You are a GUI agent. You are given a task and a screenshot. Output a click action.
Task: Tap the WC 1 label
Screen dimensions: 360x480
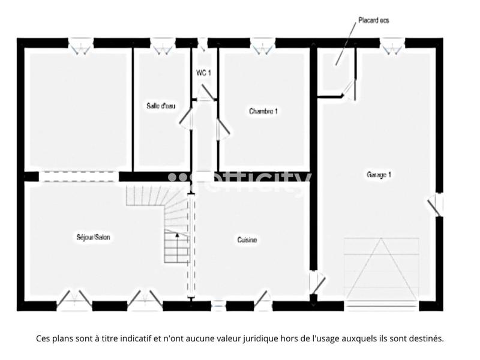click(x=204, y=73)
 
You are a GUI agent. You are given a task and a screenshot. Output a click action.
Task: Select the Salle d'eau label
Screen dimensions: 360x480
click(x=161, y=106)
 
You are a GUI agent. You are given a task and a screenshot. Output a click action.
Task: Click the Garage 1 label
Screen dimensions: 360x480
click(x=379, y=175)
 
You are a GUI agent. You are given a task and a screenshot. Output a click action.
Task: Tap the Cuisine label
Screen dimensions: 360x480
click(x=247, y=240)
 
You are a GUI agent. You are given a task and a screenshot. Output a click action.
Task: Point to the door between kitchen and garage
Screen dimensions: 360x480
click(x=316, y=282)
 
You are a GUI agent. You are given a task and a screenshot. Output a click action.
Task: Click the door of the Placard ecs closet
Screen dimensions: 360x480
click(x=349, y=90)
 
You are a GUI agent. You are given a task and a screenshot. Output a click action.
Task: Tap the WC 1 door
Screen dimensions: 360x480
click(x=206, y=92)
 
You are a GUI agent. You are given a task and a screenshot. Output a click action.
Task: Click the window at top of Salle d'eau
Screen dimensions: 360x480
click(x=161, y=44)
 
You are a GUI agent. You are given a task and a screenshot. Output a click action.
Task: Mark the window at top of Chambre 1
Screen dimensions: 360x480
click(x=262, y=44)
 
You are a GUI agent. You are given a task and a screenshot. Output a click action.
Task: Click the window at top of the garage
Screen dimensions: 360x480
click(x=392, y=44)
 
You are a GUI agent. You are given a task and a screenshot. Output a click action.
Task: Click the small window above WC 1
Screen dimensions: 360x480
click(x=203, y=43)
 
